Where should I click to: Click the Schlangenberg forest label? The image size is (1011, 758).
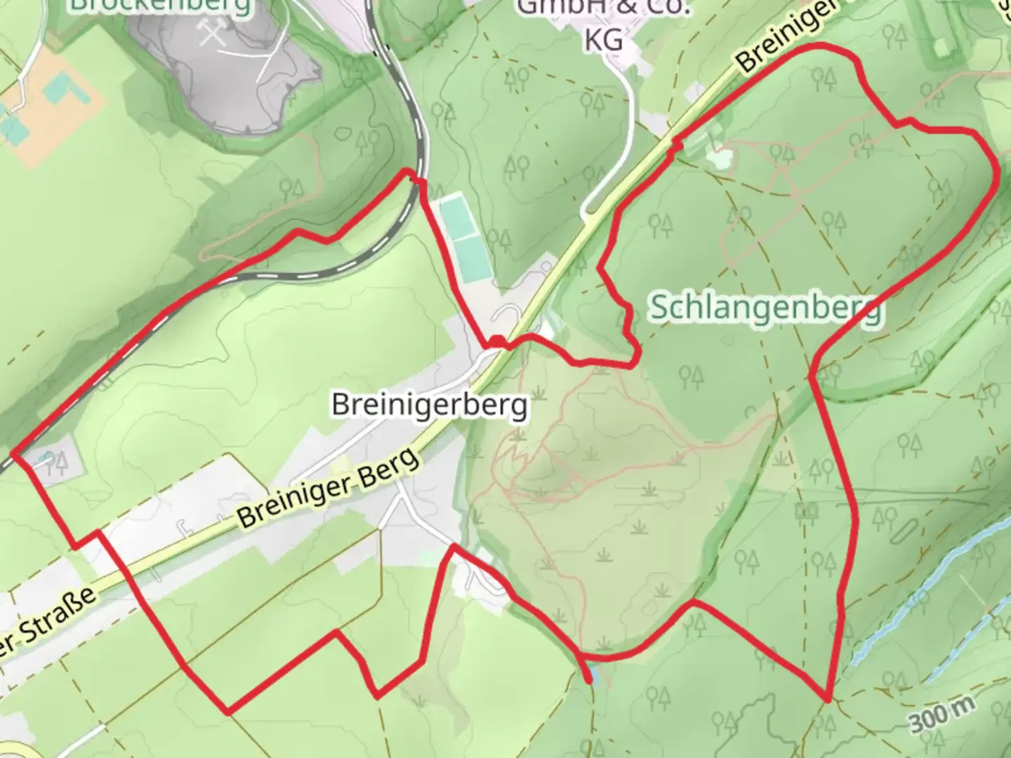765,307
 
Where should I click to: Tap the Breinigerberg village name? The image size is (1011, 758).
429,405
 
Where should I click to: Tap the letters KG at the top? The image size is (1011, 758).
603,41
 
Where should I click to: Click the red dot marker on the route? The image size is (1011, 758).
496,343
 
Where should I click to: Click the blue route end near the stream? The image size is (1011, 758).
589,677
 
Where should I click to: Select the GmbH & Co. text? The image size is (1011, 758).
604,8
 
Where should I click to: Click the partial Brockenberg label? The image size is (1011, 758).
161,6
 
